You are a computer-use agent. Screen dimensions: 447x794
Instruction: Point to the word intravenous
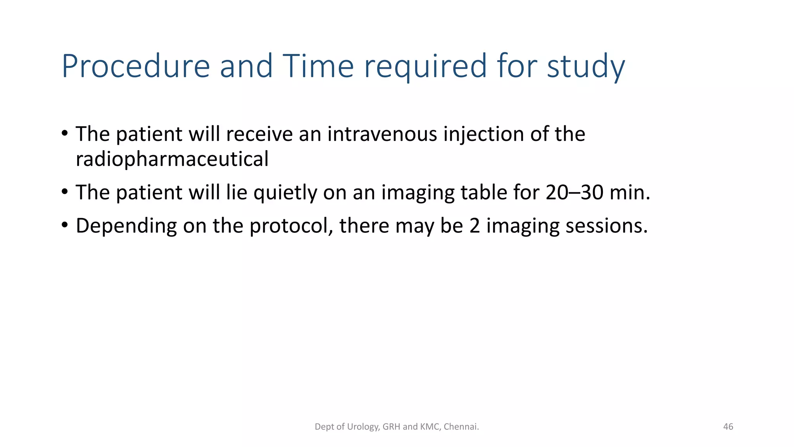tap(382, 134)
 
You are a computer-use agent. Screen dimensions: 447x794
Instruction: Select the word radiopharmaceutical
tap(172, 159)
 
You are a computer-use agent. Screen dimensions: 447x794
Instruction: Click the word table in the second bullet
tap(483, 192)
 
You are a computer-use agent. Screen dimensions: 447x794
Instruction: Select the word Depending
tap(126, 226)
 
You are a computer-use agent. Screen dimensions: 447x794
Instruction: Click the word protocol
tap(291, 226)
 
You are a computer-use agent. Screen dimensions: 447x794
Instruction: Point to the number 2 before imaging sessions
tap(475, 226)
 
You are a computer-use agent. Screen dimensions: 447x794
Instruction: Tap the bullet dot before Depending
tap(65, 225)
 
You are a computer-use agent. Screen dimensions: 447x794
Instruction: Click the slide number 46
tap(728, 427)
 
